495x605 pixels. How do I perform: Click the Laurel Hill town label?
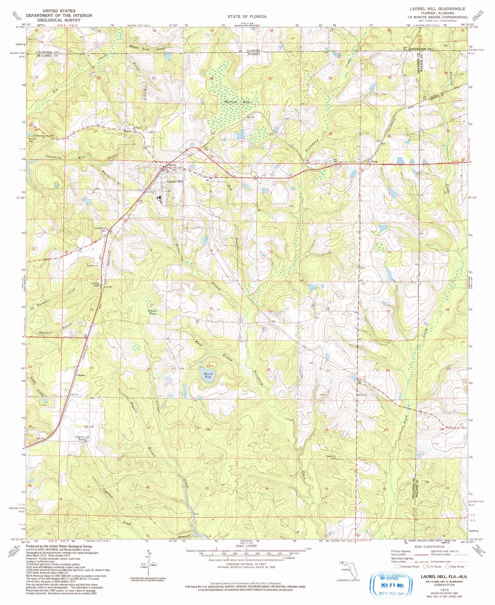(175, 181)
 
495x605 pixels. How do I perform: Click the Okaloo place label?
(81, 375)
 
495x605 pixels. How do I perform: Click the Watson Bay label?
(232, 102)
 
